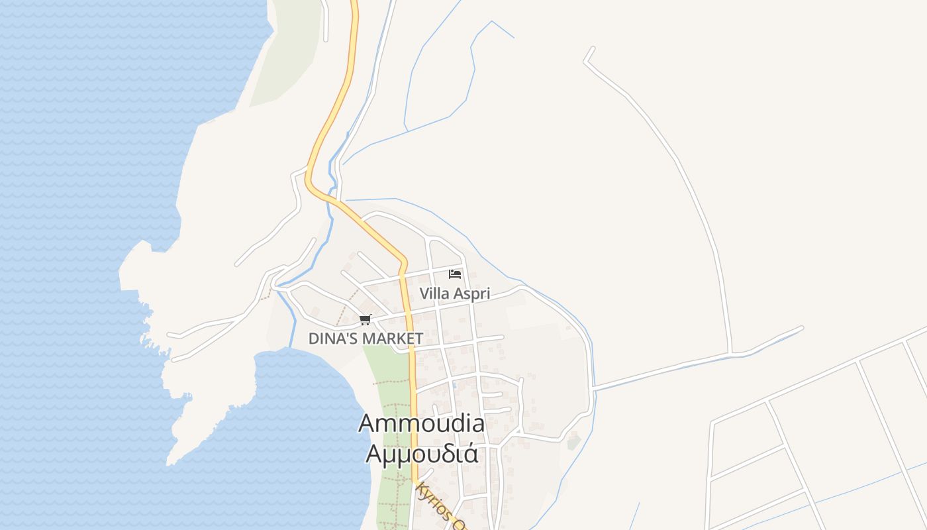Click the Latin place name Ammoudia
(x=422, y=424)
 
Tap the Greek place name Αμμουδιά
(x=422, y=454)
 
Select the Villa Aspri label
(x=454, y=293)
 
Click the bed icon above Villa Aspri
(x=454, y=274)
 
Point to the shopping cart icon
(x=365, y=320)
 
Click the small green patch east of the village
(x=573, y=441)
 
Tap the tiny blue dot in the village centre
(x=454, y=384)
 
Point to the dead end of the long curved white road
(x=591, y=48)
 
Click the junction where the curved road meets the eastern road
(x=730, y=353)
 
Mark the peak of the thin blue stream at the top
(x=491, y=21)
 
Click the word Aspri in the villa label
(x=471, y=293)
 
